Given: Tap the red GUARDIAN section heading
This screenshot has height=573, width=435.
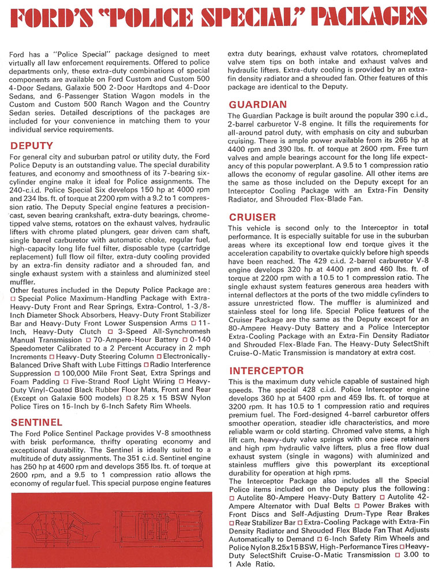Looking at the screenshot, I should [258, 105].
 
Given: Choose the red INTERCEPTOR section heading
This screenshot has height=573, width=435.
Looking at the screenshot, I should [267, 369].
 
